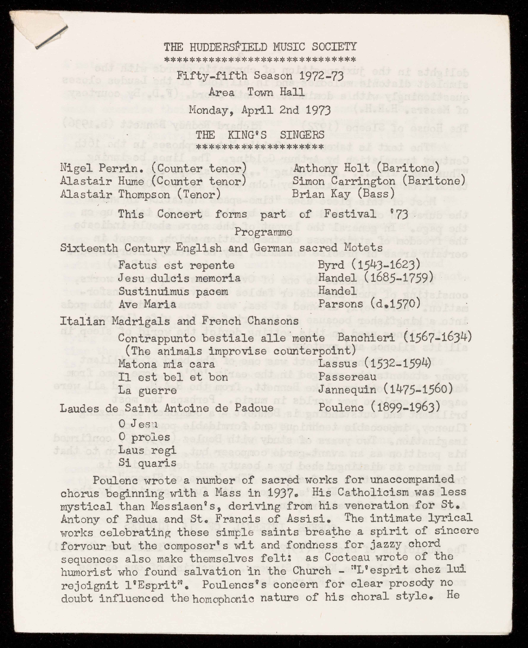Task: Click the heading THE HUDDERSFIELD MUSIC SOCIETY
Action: pos(260,47)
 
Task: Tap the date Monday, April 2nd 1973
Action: pos(259,110)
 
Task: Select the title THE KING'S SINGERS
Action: pos(260,135)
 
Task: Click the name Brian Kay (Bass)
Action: pos(343,194)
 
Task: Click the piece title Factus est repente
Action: pos(176,265)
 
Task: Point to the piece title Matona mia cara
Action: pos(166,364)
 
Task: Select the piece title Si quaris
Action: pos(147,463)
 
